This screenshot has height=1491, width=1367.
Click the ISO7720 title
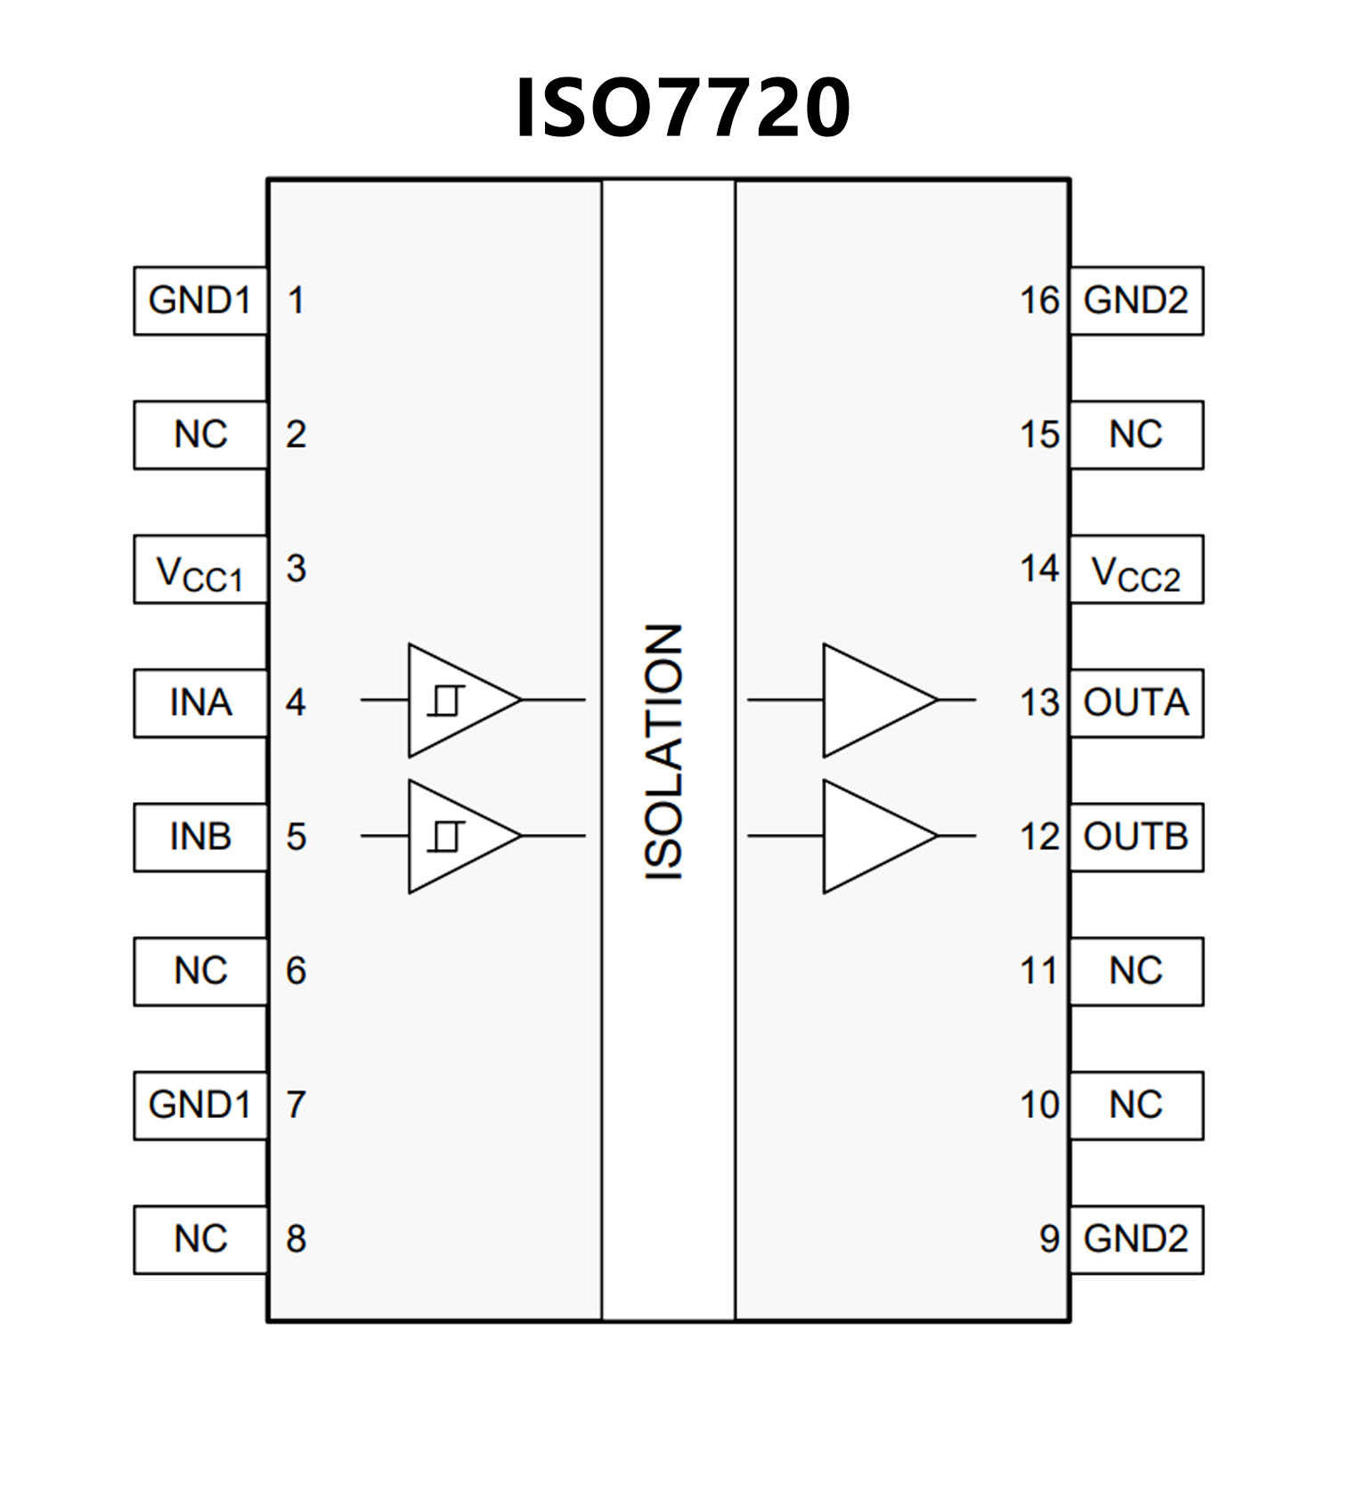point(683,109)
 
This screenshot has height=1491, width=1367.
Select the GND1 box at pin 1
point(200,301)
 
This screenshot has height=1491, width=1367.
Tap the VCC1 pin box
point(200,570)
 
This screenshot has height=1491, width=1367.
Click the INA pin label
point(200,703)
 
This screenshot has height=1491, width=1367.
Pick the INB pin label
point(200,838)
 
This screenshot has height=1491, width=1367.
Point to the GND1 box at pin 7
point(200,1106)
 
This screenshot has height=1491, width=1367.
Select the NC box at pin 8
point(200,1240)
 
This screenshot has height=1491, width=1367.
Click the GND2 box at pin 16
point(1136,301)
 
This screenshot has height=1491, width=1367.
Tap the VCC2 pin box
point(1136,570)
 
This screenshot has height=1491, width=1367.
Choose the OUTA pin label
point(1136,703)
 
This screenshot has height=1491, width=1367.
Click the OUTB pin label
point(1136,838)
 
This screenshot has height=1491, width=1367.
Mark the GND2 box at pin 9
point(1136,1240)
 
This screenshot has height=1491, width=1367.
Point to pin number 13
point(1039,703)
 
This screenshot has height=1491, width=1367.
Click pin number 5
point(296,838)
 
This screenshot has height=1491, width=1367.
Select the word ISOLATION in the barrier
point(664,753)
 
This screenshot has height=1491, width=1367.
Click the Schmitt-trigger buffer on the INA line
point(454,701)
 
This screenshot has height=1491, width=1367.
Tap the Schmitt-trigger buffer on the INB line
point(454,837)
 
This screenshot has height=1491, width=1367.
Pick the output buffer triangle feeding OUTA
point(873,701)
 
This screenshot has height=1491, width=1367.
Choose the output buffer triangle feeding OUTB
point(873,837)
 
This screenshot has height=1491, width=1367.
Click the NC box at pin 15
point(1136,435)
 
